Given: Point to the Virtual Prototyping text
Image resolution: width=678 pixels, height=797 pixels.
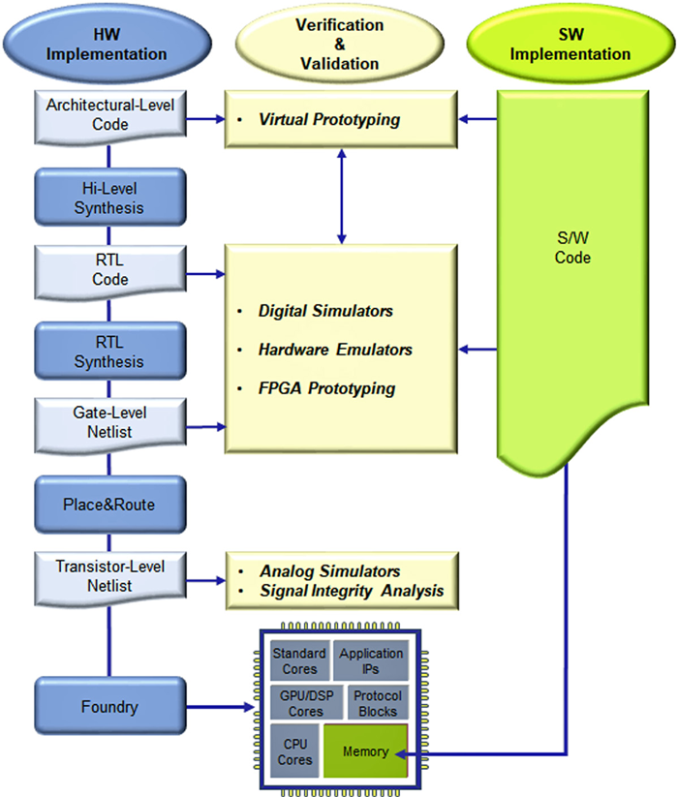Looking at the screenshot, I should pos(328,120).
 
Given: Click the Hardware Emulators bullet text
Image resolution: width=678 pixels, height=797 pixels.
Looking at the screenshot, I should pos(335,349).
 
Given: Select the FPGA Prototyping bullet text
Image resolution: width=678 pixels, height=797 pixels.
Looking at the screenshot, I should pos(326,387).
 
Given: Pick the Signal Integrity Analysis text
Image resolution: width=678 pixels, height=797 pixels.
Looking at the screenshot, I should pos(351,590).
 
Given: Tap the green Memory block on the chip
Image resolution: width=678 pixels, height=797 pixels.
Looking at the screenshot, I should pos(365,751).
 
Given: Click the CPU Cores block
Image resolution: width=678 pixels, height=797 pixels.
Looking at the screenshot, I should pos(296,751).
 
